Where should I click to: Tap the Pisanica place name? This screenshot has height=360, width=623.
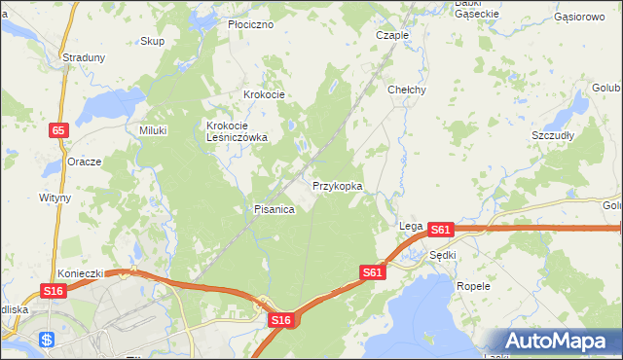(x=274, y=209)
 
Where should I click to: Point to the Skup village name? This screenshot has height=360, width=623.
(x=152, y=41)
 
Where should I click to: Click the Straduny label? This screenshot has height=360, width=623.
(x=84, y=57)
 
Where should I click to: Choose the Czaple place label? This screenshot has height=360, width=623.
(x=392, y=34)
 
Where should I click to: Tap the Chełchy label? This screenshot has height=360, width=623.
(x=407, y=89)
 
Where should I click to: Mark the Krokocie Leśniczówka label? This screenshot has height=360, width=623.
(x=237, y=131)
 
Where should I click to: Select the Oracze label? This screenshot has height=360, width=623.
(x=85, y=162)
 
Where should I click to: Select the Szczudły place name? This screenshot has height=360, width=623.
(x=553, y=135)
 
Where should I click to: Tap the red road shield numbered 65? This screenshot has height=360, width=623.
(x=58, y=128)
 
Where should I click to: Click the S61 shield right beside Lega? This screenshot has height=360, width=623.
(x=441, y=230)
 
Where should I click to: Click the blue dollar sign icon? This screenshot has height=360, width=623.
(x=47, y=341)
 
